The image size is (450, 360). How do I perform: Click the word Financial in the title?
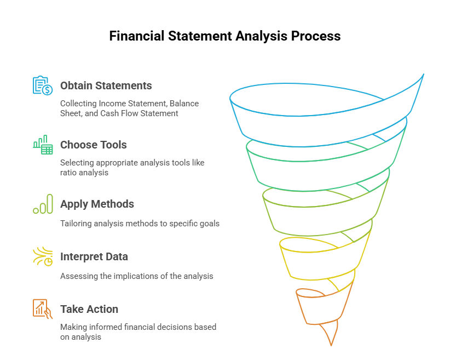(137, 36)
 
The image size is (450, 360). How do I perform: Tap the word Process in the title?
(316, 36)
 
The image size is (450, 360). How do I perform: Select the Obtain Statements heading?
(106, 85)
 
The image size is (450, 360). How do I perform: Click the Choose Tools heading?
(93, 145)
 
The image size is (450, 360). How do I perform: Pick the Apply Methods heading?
(97, 204)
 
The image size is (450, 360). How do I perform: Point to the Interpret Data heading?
(94, 256)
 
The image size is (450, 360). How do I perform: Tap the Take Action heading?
(89, 309)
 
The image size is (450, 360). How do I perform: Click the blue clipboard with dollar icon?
(43, 85)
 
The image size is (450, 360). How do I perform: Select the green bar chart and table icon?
(43, 145)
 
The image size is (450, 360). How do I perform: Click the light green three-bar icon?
(43, 204)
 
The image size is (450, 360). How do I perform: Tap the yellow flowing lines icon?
(43, 256)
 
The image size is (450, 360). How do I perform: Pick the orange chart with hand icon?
(43, 309)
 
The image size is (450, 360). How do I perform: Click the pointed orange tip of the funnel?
(331, 345)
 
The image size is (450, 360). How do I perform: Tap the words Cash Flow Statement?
(139, 113)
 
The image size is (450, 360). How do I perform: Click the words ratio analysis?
(84, 173)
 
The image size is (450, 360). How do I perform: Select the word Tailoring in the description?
(76, 224)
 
